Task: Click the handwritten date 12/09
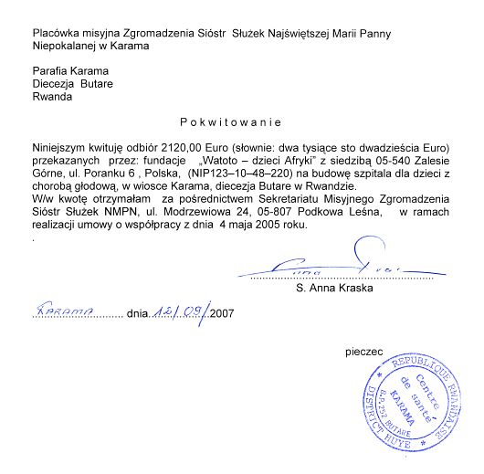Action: tap(179, 311)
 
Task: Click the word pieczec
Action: tap(363, 350)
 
